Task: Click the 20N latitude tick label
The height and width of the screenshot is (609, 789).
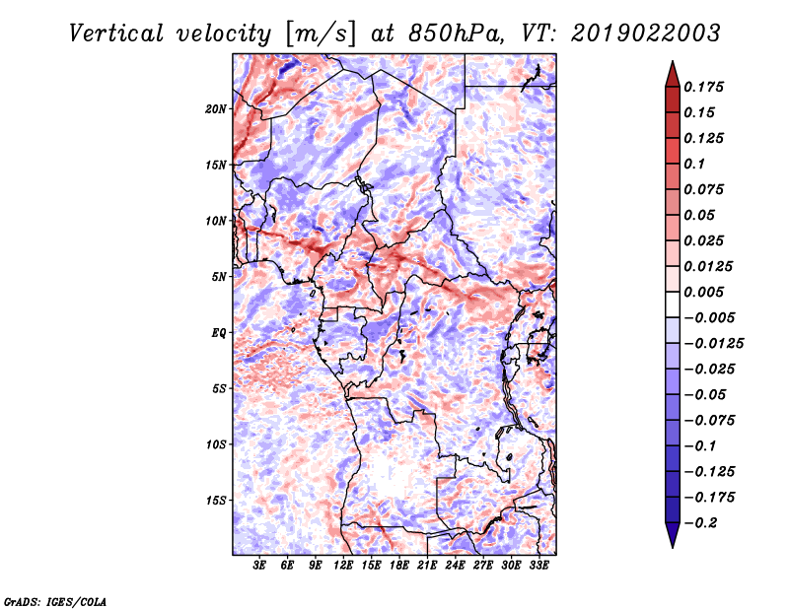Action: click(x=215, y=109)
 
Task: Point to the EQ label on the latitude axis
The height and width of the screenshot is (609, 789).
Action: click(x=218, y=333)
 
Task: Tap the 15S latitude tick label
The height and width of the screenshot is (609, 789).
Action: click(x=216, y=501)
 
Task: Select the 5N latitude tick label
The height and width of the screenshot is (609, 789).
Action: click(x=219, y=277)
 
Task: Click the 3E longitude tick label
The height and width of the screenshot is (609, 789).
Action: click(x=259, y=565)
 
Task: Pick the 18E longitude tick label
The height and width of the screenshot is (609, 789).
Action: click(x=399, y=565)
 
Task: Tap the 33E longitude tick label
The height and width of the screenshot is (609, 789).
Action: click(x=538, y=565)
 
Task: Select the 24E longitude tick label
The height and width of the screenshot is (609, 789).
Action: click(x=455, y=565)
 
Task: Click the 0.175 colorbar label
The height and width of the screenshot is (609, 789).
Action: click(x=704, y=87)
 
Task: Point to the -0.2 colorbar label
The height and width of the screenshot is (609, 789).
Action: click(x=699, y=523)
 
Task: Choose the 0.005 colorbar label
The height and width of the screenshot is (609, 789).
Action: click(x=704, y=292)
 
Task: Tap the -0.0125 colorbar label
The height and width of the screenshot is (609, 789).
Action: click(x=713, y=344)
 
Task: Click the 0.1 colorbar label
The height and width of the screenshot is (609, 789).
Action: click(x=694, y=164)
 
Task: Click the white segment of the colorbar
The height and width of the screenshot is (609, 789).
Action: click(x=673, y=304)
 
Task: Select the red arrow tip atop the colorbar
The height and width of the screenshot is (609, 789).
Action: click(x=673, y=61)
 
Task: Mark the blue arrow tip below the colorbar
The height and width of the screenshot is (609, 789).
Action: click(x=673, y=547)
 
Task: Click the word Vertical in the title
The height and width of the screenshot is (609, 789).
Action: click(x=116, y=34)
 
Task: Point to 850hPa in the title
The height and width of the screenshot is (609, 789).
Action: click(x=456, y=34)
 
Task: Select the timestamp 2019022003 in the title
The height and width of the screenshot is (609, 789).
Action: click(x=646, y=34)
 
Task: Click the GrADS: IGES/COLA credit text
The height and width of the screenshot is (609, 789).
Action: click(x=55, y=601)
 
